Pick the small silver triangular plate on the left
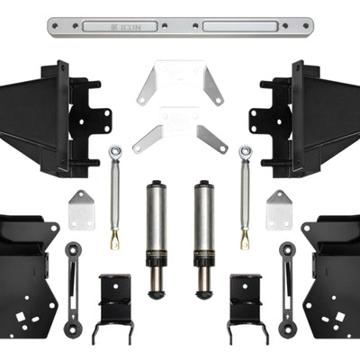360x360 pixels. [x=82, y=210]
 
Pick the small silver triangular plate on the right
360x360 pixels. [x=278, y=210]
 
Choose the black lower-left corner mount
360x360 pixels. [x=27, y=270]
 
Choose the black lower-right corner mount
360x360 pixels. [x=333, y=270]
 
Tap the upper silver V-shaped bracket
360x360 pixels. [x=180, y=83]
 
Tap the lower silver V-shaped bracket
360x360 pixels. [x=180, y=130]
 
